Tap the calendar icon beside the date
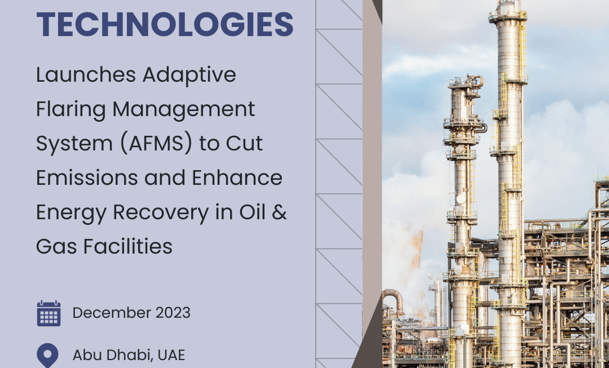pyautogui.click(x=48, y=313)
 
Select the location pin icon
pyautogui.click(x=47, y=355)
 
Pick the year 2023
pyautogui.click(x=171, y=313)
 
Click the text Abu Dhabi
pyautogui.click(x=107, y=355)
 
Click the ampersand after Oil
pyautogui.click(x=280, y=212)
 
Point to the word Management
pyautogui.click(x=184, y=109)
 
